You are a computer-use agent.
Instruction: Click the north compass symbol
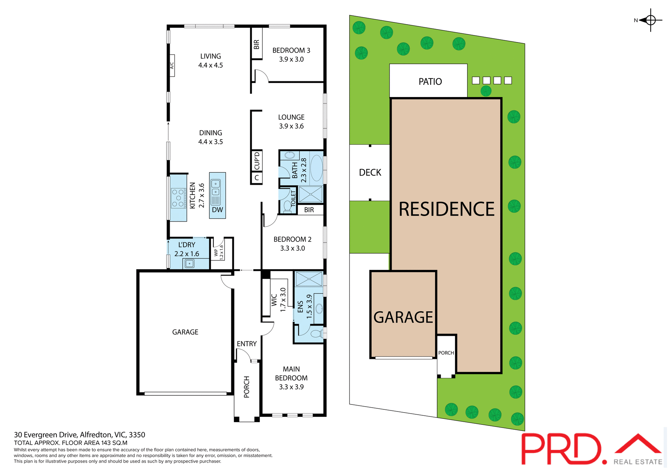click(x=650, y=20)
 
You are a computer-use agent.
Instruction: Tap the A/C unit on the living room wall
click(x=172, y=66)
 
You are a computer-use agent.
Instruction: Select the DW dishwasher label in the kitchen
click(x=217, y=210)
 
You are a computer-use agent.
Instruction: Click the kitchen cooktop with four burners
click(x=178, y=198)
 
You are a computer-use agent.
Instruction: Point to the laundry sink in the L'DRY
click(x=189, y=264)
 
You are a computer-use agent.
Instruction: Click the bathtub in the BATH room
click(x=316, y=168)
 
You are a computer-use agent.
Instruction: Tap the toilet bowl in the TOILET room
click(x=288, y=206)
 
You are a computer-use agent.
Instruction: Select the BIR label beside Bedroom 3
click(x=257, y=44)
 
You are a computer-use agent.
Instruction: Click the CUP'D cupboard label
click(x=257, y=161)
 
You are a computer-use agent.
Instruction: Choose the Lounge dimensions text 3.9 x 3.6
click(x=291, y=126)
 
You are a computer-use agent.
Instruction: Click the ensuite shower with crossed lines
click(x=309, y=279)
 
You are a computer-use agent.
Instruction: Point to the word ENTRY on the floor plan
click(x=247, y=344)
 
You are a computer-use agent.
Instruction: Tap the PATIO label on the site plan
click(x=430, y=82)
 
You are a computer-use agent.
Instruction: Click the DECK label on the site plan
click(x=370, y=172)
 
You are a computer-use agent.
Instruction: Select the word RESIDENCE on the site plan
click(x=447, y=209)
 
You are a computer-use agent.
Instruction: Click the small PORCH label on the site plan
click(x=446, y=353)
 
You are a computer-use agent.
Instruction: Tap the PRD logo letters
click(x=562, y=449)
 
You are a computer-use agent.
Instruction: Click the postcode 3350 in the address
click(x=137, y=435)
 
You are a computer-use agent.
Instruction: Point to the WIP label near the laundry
click(x=216, y=252)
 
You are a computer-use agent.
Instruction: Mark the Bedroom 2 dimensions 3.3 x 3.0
click(x=292, y=248)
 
